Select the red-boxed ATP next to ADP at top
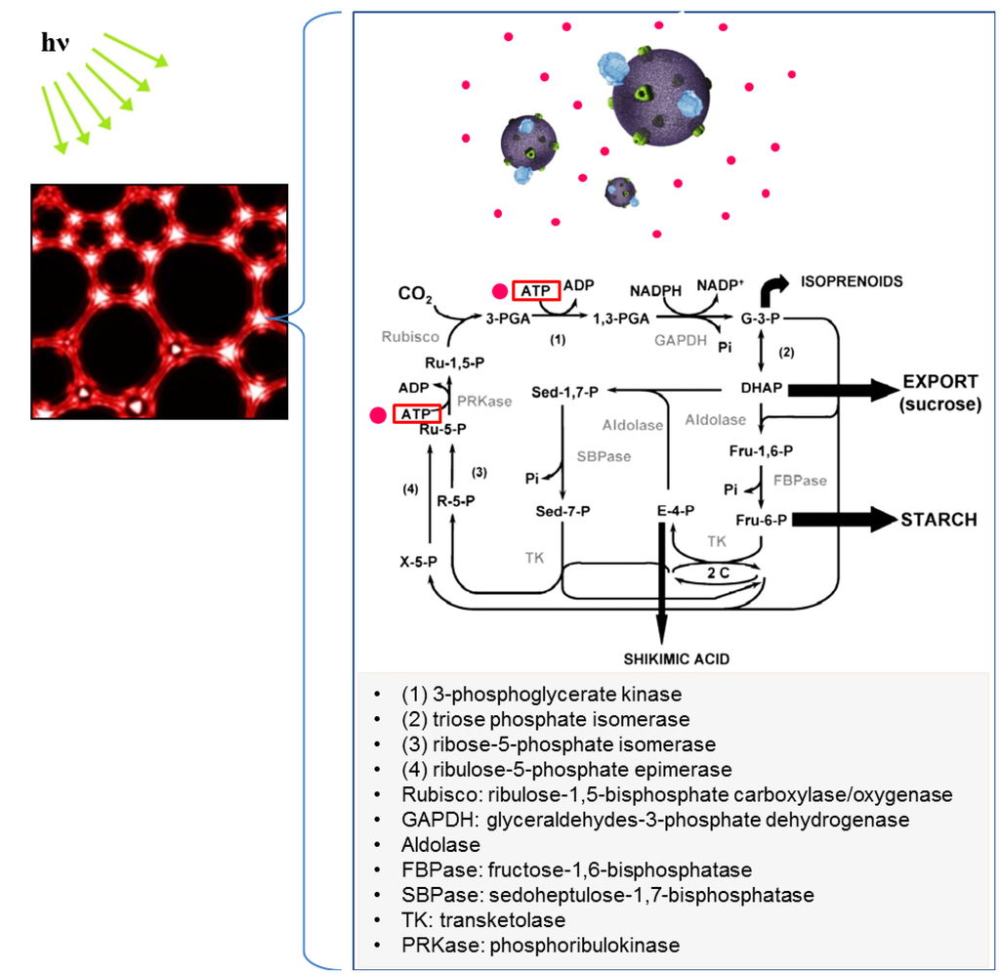535,290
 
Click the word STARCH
938,520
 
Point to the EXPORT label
939,381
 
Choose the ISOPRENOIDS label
852,281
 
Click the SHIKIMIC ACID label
676,659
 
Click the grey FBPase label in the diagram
800,481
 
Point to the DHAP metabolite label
762,388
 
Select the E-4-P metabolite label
676,511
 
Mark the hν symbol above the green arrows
54,45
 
